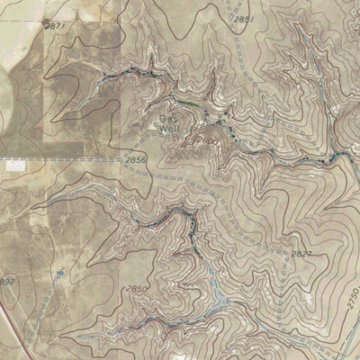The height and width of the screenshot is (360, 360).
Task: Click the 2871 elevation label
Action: (57, 27)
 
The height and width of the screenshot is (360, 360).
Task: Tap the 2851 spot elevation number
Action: (244, 19)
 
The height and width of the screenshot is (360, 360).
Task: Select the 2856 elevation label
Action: (136, 160)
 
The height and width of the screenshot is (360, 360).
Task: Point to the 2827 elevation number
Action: (301, 255)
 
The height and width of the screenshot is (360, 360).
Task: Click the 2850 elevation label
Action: (136, 288)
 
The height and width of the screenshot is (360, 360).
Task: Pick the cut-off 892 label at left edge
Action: (7, 282)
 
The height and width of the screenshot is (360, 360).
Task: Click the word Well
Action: (169, 129)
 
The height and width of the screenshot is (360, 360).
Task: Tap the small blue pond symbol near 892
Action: (59, 270)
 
